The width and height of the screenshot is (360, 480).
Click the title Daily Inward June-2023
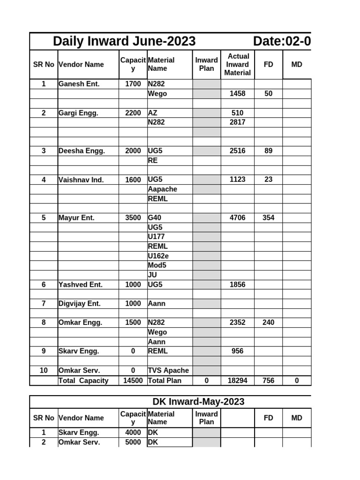[124, 41]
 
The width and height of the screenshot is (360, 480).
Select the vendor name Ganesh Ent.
[79, 84]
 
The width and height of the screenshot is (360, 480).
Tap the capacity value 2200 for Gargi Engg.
[133, 113]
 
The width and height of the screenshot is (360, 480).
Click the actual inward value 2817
[237, 122]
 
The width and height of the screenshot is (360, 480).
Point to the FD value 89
[268, 151]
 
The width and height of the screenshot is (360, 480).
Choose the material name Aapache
[163, 189]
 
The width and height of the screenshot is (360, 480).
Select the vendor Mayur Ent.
[76, 217]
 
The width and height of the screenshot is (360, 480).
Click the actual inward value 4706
[237, 217]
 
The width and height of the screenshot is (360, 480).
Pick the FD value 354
[268, 217]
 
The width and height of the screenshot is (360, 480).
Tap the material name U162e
[158, 256]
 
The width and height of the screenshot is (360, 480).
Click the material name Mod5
[157, 265]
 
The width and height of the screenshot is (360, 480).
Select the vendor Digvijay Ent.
[80, 303]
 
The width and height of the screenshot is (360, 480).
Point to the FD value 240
[268, 322]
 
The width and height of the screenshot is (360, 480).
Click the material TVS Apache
[168, 370]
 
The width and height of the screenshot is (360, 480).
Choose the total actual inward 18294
[237, 381]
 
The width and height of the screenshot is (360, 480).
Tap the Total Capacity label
[83, 381]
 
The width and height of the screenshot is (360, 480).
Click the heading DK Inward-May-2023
[198, 402]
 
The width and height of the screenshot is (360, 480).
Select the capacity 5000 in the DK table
[133, 442]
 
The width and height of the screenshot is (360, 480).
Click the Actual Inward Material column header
[237, 64]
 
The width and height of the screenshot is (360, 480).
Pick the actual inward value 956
[237, 351]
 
